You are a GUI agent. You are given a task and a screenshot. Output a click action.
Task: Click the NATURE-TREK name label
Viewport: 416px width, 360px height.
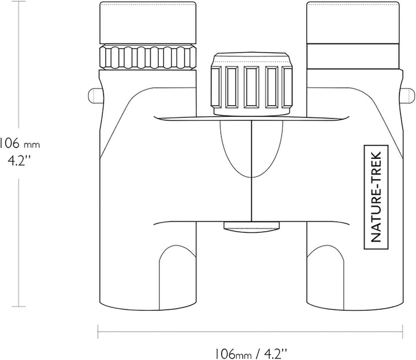pos(376,197)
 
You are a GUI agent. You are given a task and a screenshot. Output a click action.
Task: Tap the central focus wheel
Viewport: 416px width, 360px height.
pos(252,84)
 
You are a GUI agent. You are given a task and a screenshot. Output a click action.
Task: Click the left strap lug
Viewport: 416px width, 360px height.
pos(95,96)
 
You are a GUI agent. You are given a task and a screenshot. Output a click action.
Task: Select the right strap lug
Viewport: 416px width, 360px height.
pos(407,96)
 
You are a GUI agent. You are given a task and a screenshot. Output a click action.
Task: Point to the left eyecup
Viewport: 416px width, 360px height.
pos(147,23)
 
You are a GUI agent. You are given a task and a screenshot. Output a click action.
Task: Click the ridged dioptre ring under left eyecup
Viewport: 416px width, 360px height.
pos(147,57)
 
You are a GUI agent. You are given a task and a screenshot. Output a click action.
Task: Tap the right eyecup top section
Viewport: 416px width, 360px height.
pos(352,23)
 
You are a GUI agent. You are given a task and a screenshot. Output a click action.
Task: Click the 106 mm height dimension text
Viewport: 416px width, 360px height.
pos(20,144)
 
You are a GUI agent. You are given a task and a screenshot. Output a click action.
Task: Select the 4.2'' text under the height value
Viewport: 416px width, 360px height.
pos(20,160)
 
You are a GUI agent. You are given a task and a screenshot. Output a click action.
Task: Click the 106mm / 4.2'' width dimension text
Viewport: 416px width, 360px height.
pos(251,354)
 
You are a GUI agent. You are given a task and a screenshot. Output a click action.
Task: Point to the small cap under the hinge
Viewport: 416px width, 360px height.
pos(251,227)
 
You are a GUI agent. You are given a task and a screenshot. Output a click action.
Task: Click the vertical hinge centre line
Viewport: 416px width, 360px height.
pos(251,170)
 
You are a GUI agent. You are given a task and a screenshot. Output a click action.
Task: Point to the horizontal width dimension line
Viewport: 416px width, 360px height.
pos(250,331)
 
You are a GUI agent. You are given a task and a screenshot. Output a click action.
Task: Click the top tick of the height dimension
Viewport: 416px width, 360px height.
pos(18,2)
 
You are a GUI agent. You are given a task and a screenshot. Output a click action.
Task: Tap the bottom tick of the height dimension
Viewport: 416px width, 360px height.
pos(18,306)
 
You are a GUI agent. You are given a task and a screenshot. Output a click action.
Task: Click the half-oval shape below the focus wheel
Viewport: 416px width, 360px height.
pos(251,149)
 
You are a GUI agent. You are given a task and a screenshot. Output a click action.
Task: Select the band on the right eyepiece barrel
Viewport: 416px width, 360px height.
pos(353,56)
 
